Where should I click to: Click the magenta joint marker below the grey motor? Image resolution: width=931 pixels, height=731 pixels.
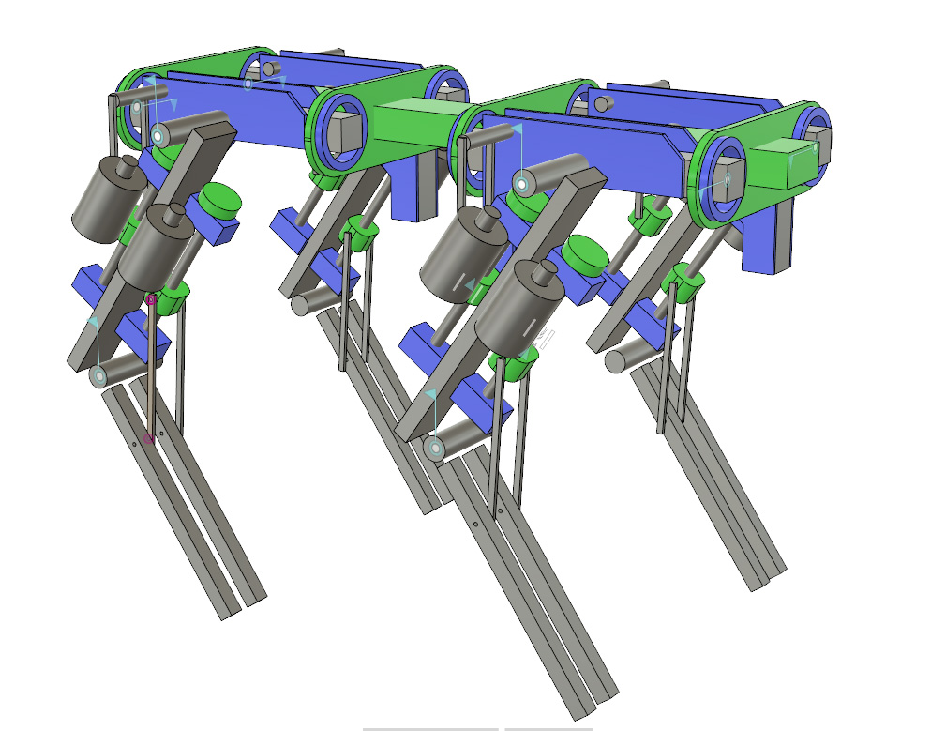click(x=151, y=299)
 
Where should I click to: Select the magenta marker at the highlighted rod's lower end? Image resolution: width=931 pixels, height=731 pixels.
click(x=149, y=438)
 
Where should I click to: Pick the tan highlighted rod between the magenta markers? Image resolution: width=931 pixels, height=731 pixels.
click(x=150, y=369)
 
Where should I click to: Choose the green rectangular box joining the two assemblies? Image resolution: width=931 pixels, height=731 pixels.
click(x=417, y=124)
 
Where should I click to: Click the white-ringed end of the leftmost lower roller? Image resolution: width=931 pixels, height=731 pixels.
click(x=99, y=377)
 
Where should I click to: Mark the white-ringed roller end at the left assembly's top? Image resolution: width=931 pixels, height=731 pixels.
click(x=158, y=137)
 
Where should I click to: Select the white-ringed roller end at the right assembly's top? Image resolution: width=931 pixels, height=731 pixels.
click(x=521, y=184)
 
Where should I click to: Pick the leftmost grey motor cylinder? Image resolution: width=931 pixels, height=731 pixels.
click(x=103, y=202)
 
